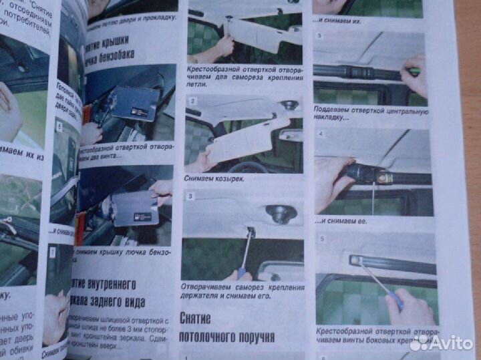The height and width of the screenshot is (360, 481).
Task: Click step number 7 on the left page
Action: [52, 252]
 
